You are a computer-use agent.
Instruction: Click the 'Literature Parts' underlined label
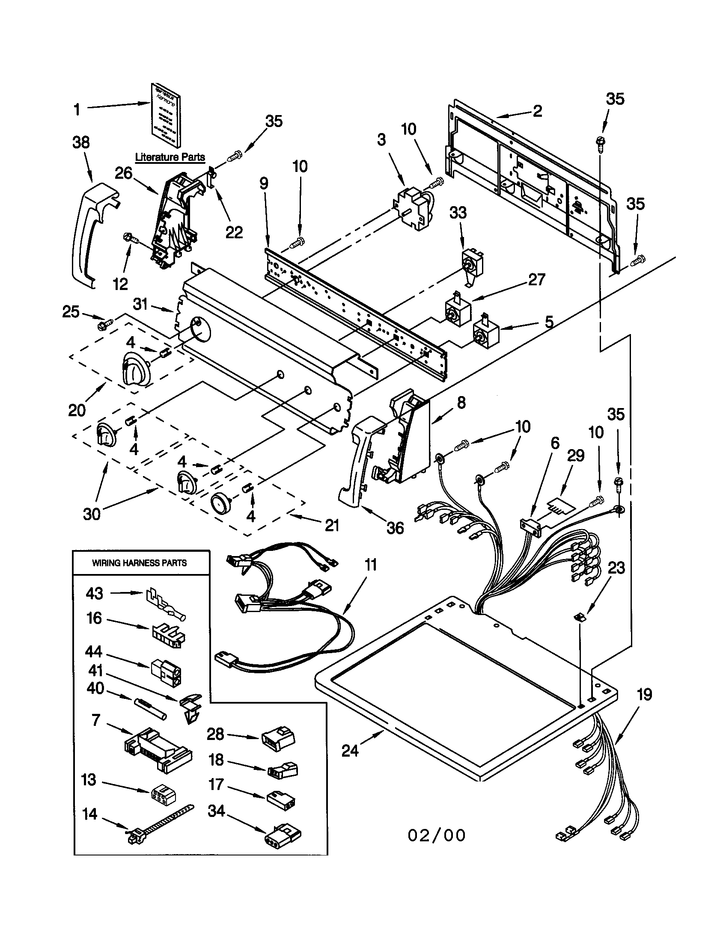coord(170,157)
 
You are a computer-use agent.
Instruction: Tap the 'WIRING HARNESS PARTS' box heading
coord(139,563)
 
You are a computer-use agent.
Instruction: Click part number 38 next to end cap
coord(81,142)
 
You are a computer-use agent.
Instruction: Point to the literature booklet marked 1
coord(166,114)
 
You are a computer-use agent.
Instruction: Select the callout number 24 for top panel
coord(350,751)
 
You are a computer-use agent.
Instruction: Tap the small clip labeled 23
coord(581,617)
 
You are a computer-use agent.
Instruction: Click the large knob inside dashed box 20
coord(135,367)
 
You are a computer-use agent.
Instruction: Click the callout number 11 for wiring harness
coord(371,565)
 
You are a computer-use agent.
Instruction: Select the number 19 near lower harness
coord(644,695)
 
